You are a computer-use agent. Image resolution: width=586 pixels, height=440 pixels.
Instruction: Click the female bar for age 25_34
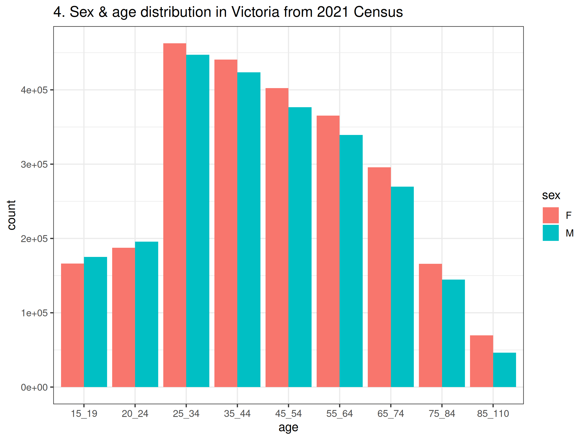click(174, 215)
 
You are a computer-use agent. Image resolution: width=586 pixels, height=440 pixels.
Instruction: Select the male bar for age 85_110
click(504, 370)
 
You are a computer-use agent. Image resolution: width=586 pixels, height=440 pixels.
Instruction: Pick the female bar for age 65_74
click(379, 277)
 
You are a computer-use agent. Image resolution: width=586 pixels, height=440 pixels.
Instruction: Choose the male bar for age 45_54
click(300, 247)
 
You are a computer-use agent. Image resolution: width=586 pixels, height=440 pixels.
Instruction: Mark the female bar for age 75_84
click(430, 325)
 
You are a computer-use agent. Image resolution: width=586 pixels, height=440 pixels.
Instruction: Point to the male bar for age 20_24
click(146, 314)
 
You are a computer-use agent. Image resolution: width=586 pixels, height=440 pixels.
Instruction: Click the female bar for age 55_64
click(328, 251)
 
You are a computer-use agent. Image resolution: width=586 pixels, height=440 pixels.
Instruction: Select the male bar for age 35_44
click(249, 229)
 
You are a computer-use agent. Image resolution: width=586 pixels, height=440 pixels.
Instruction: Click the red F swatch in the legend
click(550, 215)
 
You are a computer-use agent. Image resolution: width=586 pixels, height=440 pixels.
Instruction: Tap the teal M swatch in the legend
click(550, 233)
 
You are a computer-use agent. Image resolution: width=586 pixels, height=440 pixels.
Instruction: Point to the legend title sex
click(551, 196)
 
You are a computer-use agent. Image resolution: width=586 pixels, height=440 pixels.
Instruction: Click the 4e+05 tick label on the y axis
click(34, 90)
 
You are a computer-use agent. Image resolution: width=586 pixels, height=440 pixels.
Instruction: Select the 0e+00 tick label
click(34, 388)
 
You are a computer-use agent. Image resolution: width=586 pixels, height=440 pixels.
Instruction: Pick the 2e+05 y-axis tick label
click(34, 239)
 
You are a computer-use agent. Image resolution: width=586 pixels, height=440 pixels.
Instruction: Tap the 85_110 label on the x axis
click(493, 414)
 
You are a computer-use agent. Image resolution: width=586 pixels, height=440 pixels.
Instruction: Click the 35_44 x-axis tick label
click(237, 414)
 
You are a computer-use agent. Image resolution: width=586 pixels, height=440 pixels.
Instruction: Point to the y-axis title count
click(11, 215)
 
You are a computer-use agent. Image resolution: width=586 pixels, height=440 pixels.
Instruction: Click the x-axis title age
click(288, 427)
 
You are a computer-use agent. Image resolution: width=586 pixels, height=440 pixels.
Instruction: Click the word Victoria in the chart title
click(255, 12)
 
